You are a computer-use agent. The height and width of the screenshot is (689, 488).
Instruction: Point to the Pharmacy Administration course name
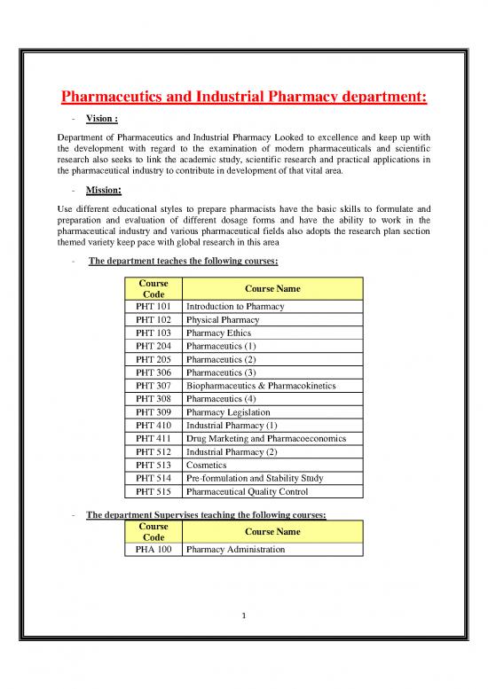(235, 550)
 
